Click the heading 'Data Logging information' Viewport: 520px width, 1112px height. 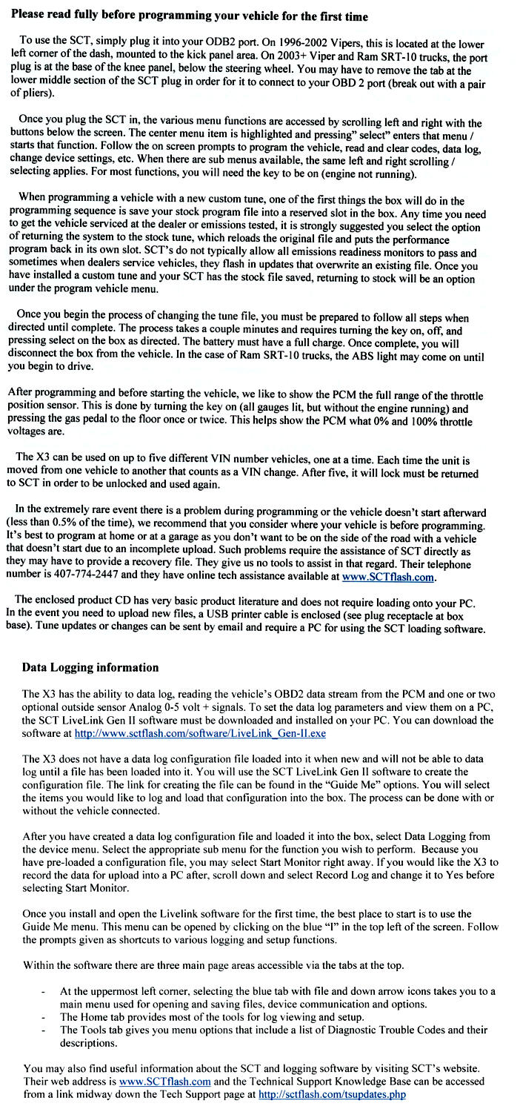click(90, 667)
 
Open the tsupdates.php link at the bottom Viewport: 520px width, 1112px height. click(332, 1093)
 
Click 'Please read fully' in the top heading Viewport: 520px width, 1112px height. click(53, 15)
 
